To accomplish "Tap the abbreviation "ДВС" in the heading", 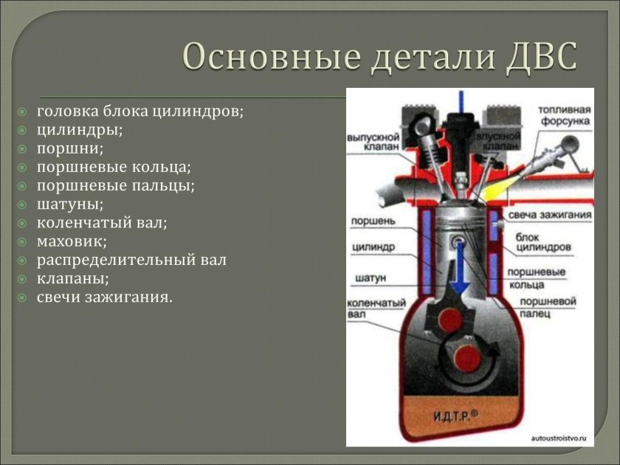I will [540, 57].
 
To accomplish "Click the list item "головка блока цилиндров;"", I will [140, 112].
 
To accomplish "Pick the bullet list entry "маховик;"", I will [72, 241].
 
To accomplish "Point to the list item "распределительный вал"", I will [131, 260].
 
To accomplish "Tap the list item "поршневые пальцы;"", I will [116, 186].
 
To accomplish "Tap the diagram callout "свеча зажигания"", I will [550, 216].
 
